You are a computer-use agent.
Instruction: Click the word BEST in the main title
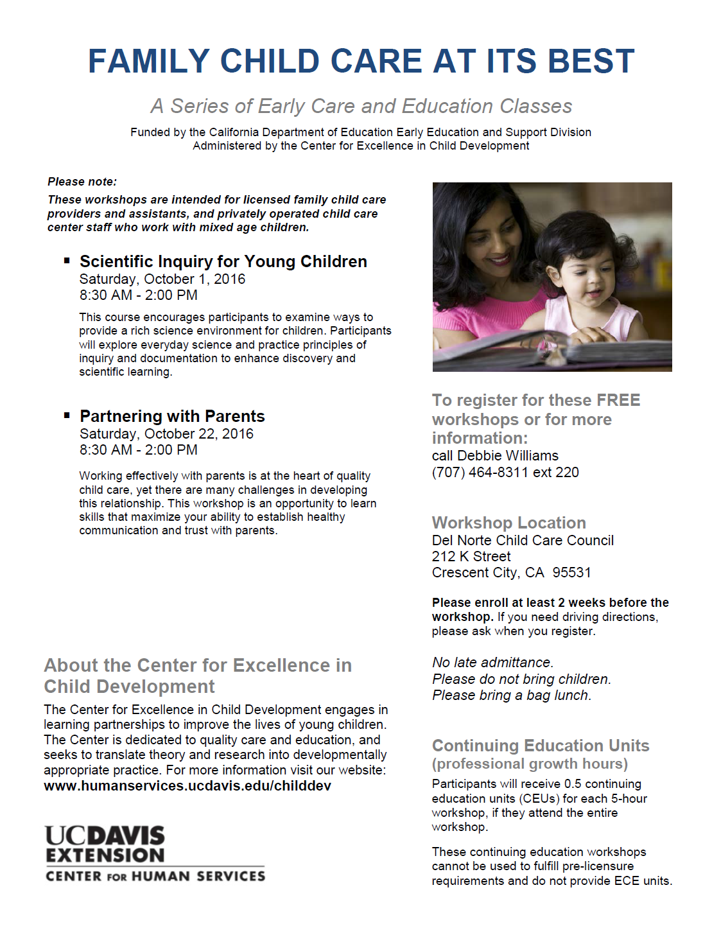tap(591, 62)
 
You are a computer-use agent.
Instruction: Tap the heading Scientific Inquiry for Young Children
tap(223, 261)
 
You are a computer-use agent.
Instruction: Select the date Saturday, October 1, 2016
tap(162, 279)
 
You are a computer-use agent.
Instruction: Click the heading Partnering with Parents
tap(172, 416)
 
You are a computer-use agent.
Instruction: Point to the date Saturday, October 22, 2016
tap(166, 434)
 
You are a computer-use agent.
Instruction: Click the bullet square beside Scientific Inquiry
tap(67, 260)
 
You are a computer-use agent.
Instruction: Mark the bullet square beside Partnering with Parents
tap(67, 415)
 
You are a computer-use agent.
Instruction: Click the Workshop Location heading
tap(508, 523)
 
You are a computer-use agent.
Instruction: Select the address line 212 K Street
tap(471, 557)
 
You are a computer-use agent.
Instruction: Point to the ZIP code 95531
tap(571, 573)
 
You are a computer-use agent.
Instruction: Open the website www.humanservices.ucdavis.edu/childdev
tap(187, 786)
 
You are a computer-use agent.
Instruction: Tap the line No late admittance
tap(492, 663)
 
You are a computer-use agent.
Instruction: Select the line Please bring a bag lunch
tap(511, 695)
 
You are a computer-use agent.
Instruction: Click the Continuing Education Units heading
tap(541, 746)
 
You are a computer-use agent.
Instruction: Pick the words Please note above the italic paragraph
tap(82, 182)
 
